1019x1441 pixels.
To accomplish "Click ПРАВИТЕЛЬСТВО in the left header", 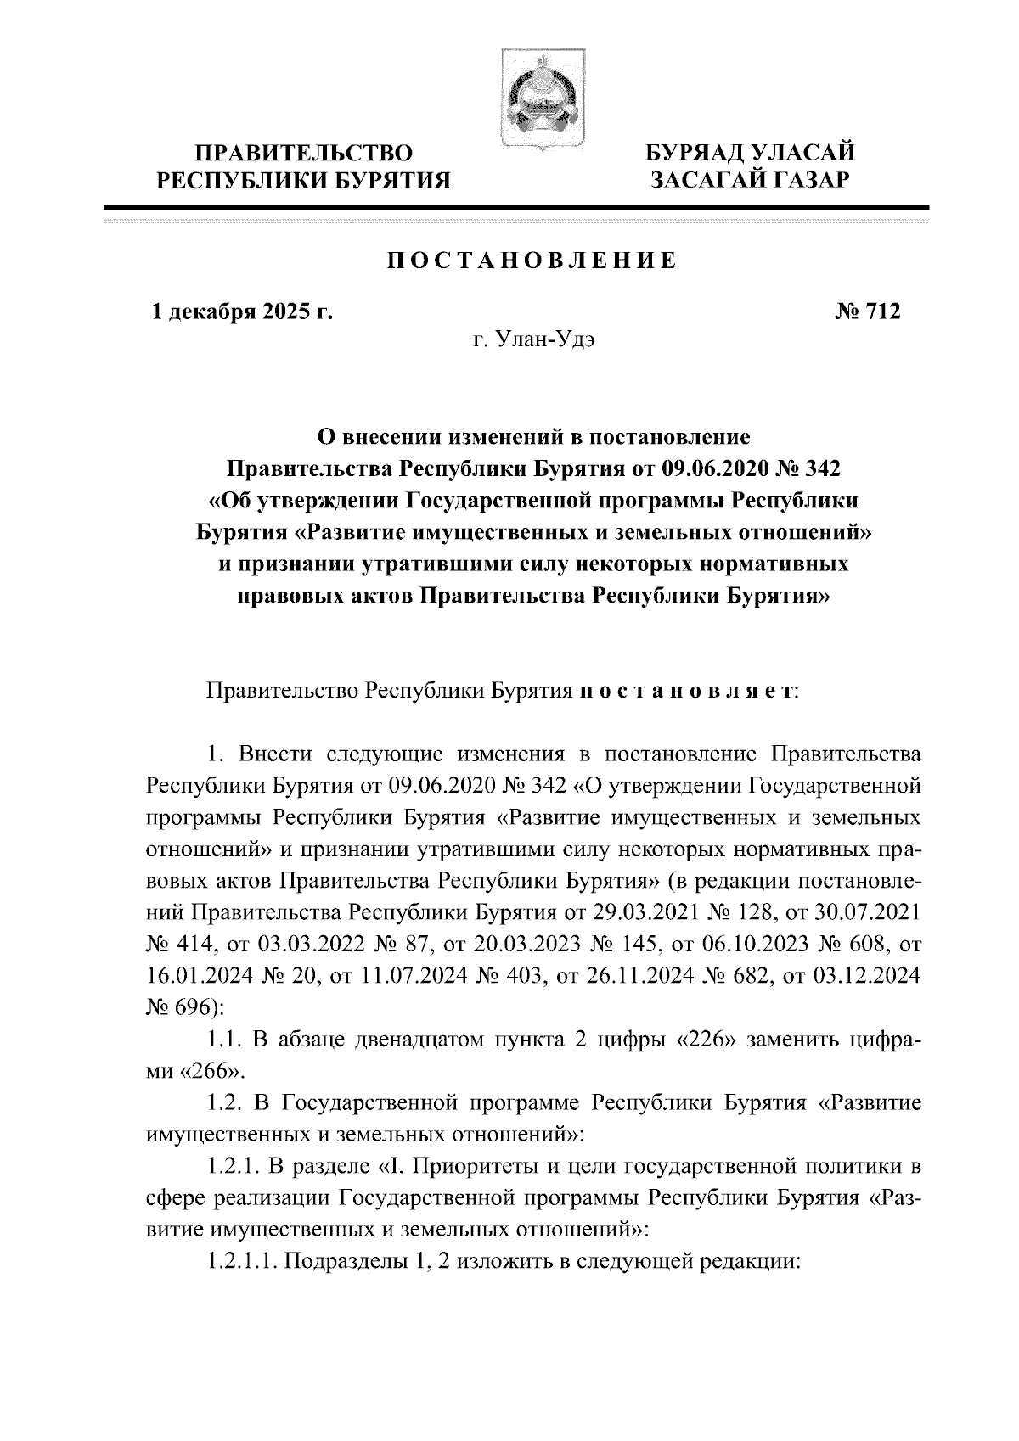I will point(305,154).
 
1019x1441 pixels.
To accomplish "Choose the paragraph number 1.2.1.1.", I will point(239,1262).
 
